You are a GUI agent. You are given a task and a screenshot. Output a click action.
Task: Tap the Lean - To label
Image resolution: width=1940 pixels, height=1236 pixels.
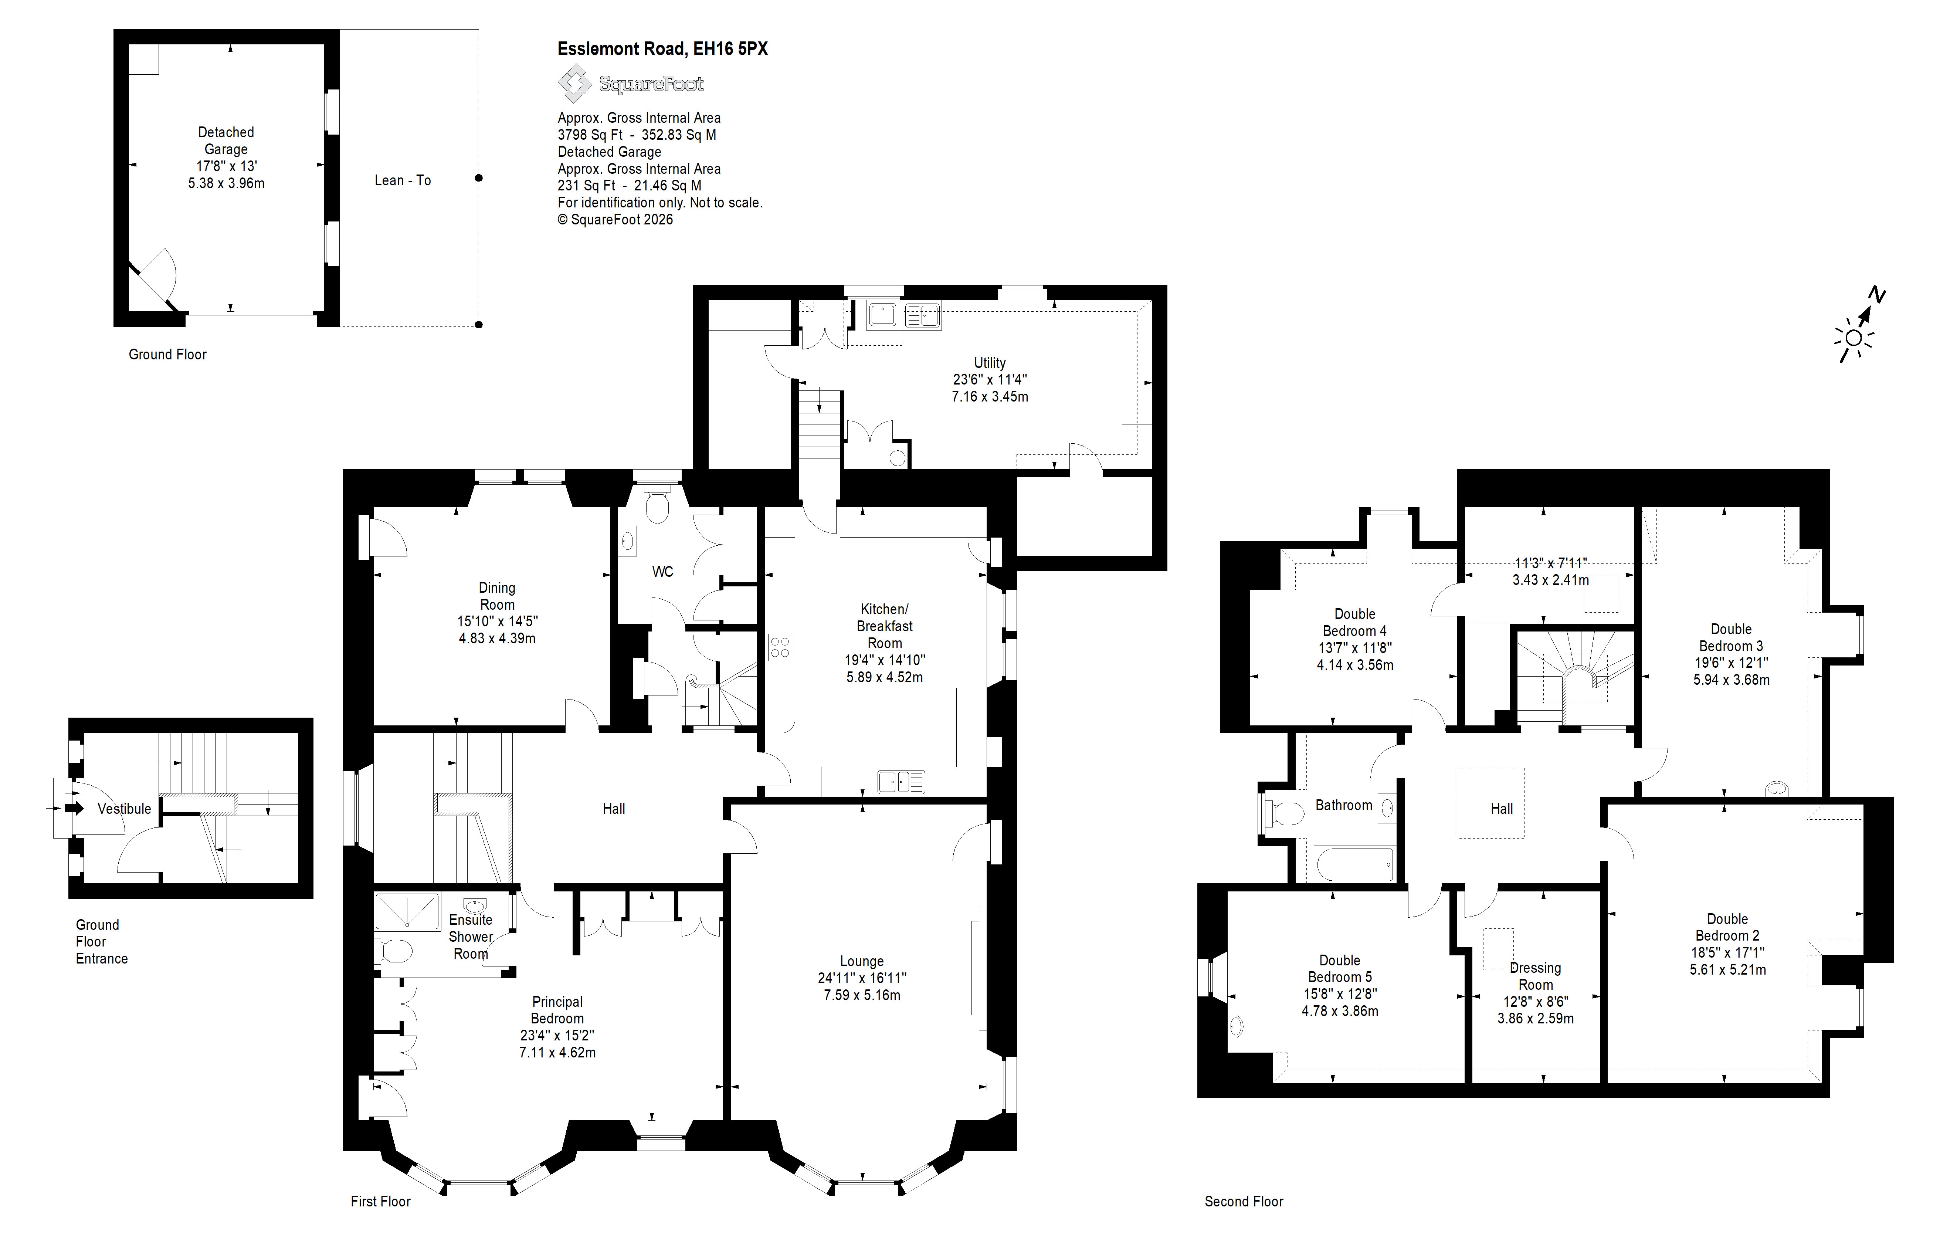tap(403, 180)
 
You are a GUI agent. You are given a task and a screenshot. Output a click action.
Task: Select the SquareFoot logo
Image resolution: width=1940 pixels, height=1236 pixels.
tap(631, 84)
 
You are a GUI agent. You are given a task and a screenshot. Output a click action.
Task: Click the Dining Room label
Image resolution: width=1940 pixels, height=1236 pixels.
tap(497, 596)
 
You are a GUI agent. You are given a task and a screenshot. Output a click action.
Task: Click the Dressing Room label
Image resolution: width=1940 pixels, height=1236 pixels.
tap(1536, 976)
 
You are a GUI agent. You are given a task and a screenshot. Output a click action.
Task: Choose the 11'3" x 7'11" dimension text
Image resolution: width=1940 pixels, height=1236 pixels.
tap(1551, 563)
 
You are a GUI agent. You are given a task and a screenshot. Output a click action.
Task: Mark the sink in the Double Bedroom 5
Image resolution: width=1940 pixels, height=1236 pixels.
tap(1236, 1026)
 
